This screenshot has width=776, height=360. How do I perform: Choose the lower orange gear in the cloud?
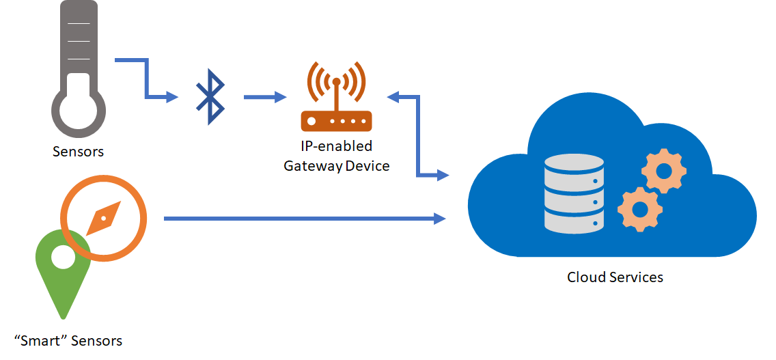(x=640, y=209)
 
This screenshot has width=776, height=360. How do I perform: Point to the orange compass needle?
(x=104, y=218)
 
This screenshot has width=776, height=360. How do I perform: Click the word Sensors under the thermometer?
(x=79, y=151)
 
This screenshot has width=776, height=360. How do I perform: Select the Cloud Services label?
(x=615, y=277)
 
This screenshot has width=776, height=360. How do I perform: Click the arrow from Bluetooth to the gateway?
(x=265, y=97)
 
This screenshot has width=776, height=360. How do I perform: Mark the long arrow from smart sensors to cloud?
(x=304, y=219)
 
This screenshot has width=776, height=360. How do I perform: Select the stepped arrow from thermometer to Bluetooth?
(x=146, y=79)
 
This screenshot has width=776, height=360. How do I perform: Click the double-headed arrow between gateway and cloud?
(x=418, y=137)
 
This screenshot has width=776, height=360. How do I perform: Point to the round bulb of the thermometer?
(x=79, y=111)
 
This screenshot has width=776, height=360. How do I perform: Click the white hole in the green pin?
(x=63, y=258)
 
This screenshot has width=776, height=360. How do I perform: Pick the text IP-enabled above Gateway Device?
(x=337, y=146)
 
